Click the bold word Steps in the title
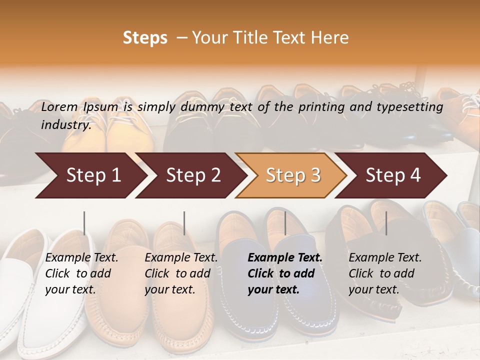click(145, 38)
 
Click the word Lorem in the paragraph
click(59, 107)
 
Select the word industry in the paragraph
click(65, 125)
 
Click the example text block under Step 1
click(81, 273)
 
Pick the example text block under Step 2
click(181, 273)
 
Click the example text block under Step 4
click(385, 273)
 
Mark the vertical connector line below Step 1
click(84, 223)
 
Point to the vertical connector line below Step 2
click(184, 223)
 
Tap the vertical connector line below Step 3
click(285, 223)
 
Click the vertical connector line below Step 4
click(386, 223)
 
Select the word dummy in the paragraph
click(206, 107)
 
